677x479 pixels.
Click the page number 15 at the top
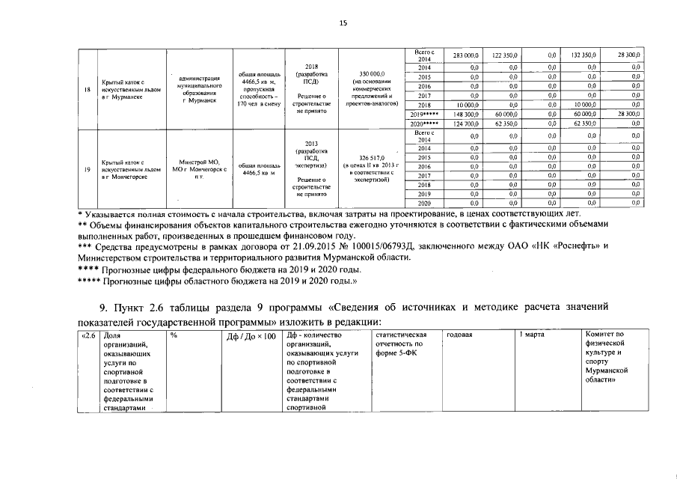(x=343, y=23)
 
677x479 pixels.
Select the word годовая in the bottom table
(x=459, y=335)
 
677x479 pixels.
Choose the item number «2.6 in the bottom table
(x=88, y=335)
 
